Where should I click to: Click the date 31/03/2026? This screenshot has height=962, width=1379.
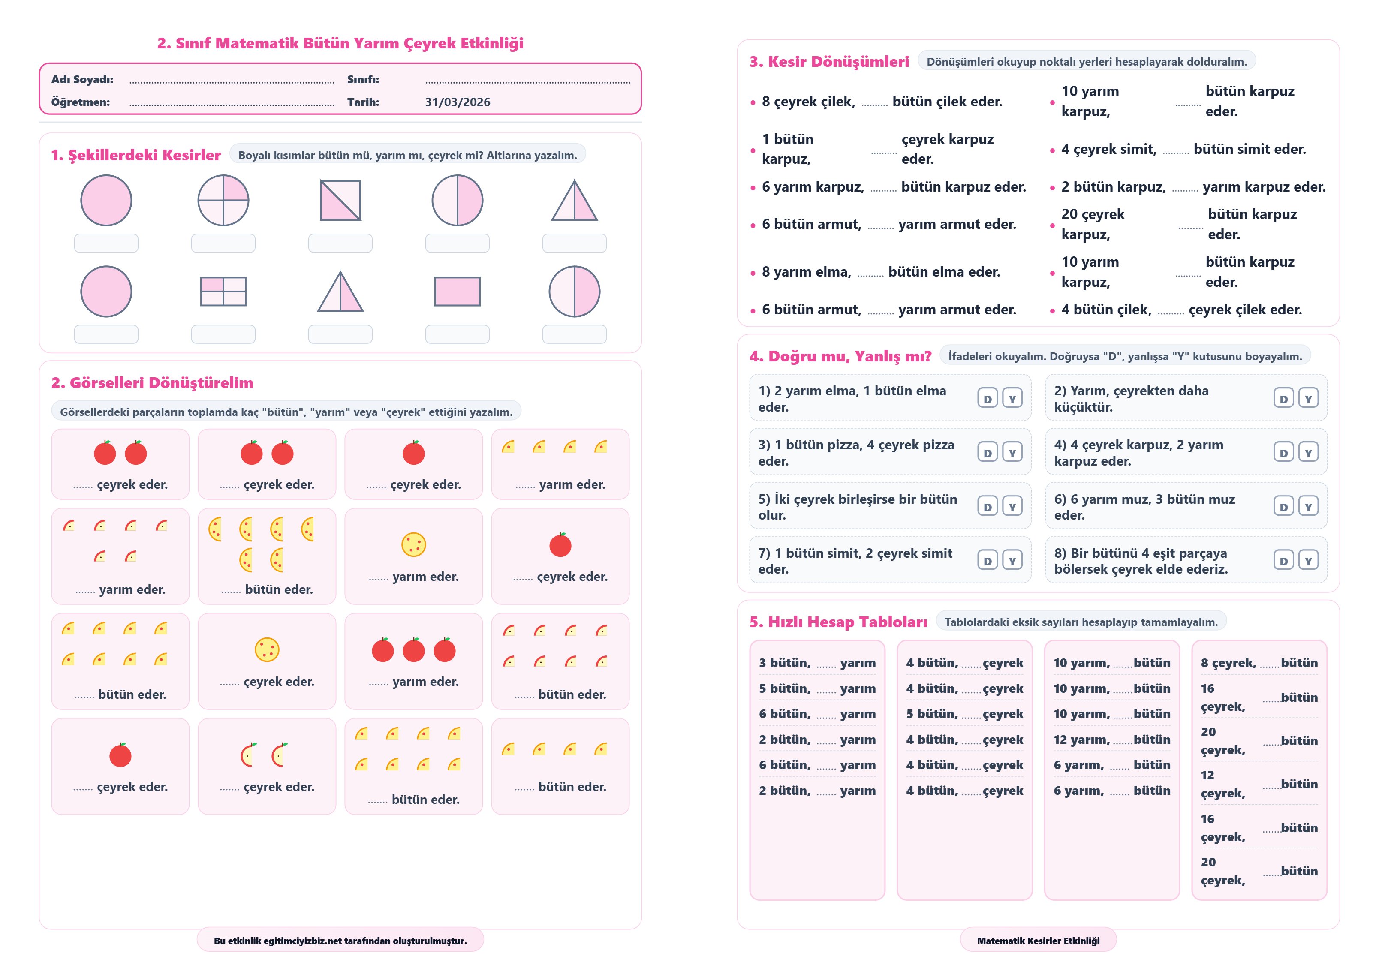pos(457,102)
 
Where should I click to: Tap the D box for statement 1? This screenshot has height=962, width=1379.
pos(988,398)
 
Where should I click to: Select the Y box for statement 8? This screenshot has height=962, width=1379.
pos(1308,560)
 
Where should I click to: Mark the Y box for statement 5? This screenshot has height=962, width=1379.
pos(1012,506)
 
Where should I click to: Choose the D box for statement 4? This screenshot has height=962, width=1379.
pos(1283,452)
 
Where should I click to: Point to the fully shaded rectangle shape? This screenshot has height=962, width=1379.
pos(457,291)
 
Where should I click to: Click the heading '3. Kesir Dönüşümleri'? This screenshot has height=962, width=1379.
pos(829,61)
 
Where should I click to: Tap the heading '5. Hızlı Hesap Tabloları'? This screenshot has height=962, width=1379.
pos(838,622)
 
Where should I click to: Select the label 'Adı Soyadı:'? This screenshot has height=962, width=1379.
pos(82,79)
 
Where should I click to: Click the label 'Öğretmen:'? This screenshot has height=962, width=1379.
pos(81,102)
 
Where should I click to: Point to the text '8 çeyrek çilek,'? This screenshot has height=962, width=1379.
pos(808,102)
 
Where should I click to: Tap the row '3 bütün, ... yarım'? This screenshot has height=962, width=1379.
pos(817,663)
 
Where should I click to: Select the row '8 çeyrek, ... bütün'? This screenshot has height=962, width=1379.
pos(1259,663)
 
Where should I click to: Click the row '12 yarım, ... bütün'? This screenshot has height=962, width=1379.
pos(1112,740)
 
